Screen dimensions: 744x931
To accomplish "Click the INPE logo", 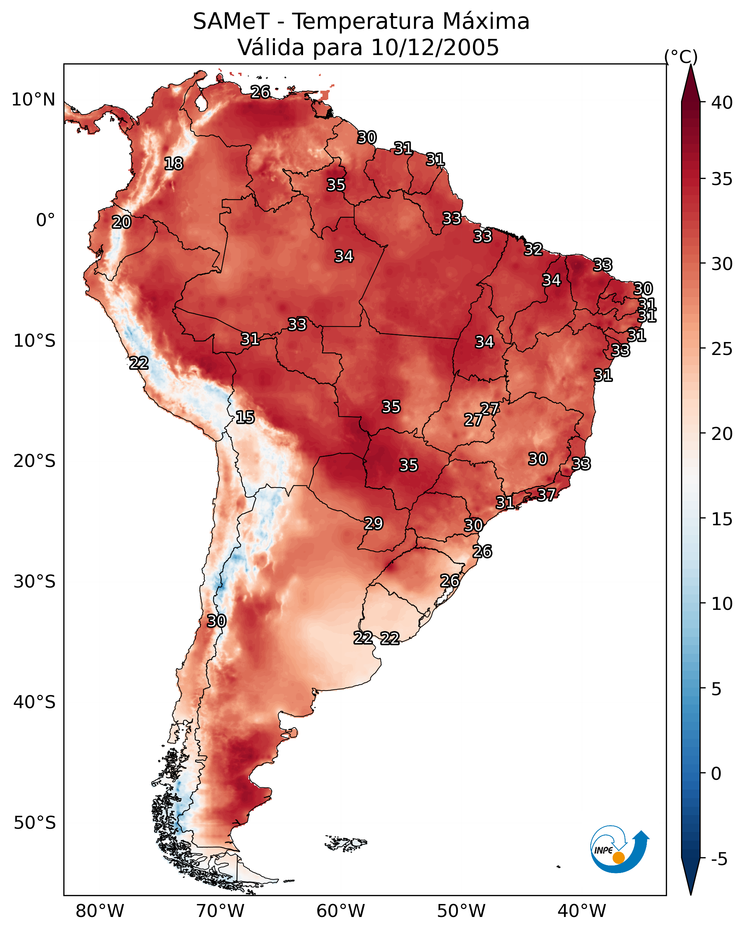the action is (620, 851).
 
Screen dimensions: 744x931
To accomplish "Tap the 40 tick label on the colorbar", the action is (722, 103).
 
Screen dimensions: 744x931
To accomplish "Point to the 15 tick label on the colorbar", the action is (722, 519).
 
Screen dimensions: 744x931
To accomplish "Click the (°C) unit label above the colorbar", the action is (681, 57).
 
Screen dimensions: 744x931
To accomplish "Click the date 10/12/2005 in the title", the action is (435, 48).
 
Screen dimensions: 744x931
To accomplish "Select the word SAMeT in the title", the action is (231, 22).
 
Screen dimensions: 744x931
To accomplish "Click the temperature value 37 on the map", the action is (546, 494).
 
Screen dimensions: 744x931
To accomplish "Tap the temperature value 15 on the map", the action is (245, 417).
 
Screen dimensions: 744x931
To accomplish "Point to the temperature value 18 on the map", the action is (173, 164).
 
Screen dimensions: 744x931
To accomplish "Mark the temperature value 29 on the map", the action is (374, 523).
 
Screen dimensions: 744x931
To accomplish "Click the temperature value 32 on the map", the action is (534, 249).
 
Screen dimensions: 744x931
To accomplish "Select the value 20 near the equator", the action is (121, 222).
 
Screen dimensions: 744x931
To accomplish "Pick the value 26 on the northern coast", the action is (261, 92).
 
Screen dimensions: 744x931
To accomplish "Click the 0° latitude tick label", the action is (46, 220).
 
